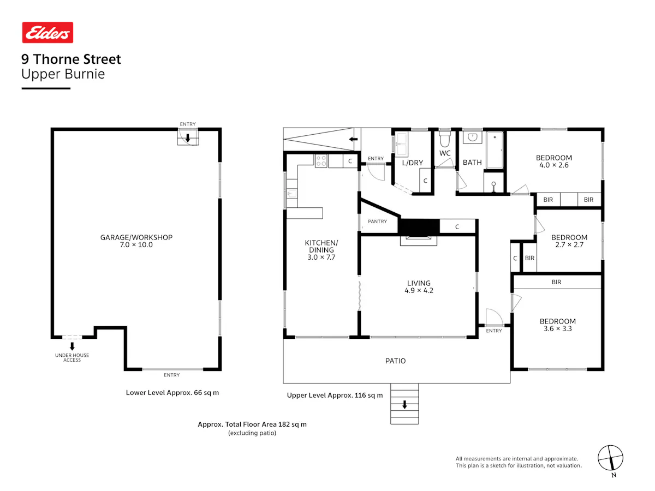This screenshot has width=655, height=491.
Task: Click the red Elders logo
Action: (x=47, y=33)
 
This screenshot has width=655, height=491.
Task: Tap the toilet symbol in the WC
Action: (x=444, y=139)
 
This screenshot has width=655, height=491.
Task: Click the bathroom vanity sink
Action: (x=472, y=137)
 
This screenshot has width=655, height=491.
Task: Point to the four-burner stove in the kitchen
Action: (x=321, y=161)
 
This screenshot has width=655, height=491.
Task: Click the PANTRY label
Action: (x=377, y=221)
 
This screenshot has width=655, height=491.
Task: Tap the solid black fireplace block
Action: (x=419, y=226)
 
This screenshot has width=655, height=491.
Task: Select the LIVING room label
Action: (x=419, y=283)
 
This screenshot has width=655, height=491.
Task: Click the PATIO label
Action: (x=395, y=361)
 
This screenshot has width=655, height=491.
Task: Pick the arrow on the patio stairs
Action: (x=404, y=405)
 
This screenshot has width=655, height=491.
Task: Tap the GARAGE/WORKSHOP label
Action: (x=136, y=237)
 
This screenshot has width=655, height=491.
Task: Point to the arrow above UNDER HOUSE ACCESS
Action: (x=72, y=346)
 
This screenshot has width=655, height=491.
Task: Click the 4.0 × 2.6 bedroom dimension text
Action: (x=554, y=165)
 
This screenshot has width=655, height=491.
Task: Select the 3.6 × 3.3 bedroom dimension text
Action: (x=558, y=329)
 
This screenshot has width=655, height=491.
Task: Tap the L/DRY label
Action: (x=413, y=163)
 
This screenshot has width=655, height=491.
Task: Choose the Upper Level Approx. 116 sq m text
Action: (x=335, y=396)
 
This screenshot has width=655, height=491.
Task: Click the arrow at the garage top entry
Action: (x=188, y=137)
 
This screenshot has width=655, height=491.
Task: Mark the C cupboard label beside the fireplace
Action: (x=457, y=227)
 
